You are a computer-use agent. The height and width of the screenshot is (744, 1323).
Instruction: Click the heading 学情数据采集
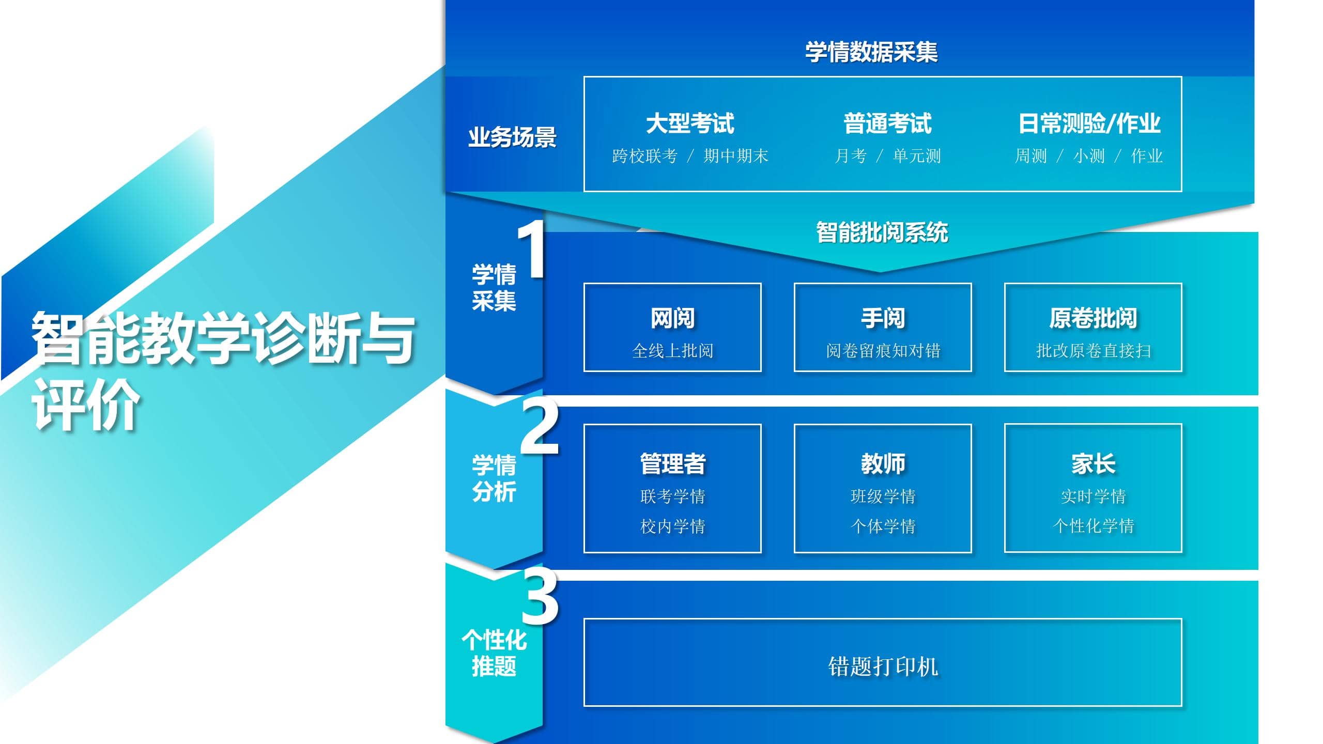point(871,52)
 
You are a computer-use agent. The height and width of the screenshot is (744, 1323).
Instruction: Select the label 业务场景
point(512,137)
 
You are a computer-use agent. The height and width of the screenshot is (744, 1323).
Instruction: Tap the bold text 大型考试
point(690,123)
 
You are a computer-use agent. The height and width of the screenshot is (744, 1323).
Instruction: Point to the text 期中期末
point(735,156)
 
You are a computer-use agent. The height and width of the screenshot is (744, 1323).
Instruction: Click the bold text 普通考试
point(887,123)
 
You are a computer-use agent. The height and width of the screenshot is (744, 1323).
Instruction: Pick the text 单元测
point(916,156)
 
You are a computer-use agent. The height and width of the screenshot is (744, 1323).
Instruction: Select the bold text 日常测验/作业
point(1089,123)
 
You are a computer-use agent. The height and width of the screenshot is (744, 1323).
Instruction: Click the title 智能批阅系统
point(882,233)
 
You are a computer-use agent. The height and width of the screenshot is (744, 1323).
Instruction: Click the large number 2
point(540,427)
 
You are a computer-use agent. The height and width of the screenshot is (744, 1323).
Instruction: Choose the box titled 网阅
point(672,327)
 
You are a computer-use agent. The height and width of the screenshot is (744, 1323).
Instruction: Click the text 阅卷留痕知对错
point(883,351)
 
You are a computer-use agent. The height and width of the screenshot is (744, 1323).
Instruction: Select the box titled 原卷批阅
point(1093,327)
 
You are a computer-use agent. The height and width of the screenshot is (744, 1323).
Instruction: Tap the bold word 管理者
point(672,463)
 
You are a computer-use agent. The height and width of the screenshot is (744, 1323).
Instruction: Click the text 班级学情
point(883,496)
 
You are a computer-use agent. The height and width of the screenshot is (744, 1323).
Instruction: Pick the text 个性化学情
point(1093,526)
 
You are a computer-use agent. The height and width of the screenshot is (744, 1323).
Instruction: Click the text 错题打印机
point(883,666)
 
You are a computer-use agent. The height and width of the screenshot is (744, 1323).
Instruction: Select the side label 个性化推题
point(494,653)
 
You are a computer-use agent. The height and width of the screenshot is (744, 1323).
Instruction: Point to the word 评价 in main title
point(86,404)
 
